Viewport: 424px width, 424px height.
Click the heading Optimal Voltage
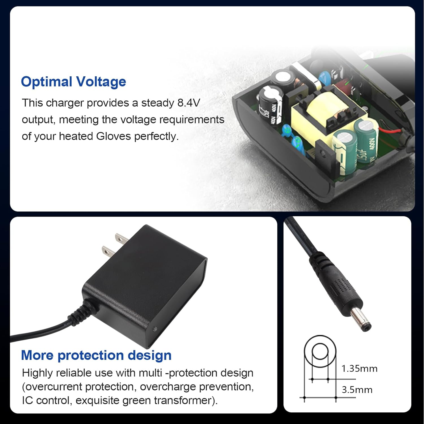pyautogui.click(x=73, y=82)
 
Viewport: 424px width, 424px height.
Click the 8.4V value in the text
pyautogui.click(x=189, y=103)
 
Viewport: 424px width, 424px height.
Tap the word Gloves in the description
pyautogui.click(x=114, y=136)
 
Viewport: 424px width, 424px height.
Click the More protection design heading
pyautogui.click(x=96, y=355)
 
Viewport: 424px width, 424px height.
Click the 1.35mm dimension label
pyautogui.click(x=359, y=369)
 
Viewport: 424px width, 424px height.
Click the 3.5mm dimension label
pyautogui.click(x=357, y=390)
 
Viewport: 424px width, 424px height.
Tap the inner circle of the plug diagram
pyautogui.click(x=320, y=351)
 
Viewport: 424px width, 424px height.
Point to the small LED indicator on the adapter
pyautogui.click(x=155, y=329)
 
